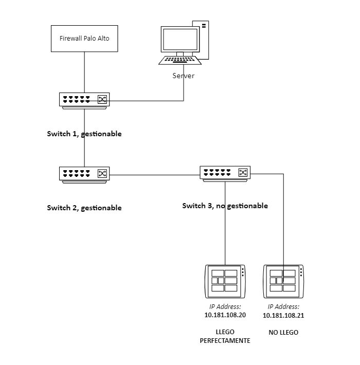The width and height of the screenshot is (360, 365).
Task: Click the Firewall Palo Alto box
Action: click(84, 39)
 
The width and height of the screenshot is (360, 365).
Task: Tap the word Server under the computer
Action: click(184, 76)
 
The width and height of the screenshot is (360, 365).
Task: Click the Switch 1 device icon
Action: click(84, 100)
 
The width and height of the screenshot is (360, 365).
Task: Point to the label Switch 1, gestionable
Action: click(84, 134)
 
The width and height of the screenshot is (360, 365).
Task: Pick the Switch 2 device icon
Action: click(84, 175)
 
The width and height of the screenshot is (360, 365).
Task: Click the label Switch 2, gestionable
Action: click(84, 208)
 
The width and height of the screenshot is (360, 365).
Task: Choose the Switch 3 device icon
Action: click(225, 173)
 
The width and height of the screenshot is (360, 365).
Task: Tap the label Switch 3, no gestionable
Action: click(225, 206)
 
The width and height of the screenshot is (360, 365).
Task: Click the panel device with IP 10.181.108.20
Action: click(225, 281)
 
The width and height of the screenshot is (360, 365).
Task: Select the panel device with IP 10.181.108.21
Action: click(283, 281)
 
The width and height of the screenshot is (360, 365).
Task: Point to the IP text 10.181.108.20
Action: click(225, 315)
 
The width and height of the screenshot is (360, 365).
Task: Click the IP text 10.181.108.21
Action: click(283, 316)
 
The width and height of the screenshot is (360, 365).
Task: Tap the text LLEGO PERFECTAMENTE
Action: click(225, 336)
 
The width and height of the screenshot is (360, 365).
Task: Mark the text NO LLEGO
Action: click(283, 333)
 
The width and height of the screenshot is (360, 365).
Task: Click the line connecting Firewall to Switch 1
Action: click(84, 72)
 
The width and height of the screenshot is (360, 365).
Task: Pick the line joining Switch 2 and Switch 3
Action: click(154, 175)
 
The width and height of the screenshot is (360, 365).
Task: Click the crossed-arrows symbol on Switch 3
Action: click(243, 173)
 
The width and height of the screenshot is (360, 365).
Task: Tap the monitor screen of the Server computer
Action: click(180, 40)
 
